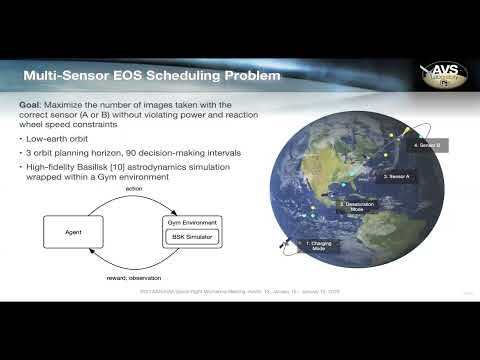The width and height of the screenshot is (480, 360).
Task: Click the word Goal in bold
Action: (x=31, y=104)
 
